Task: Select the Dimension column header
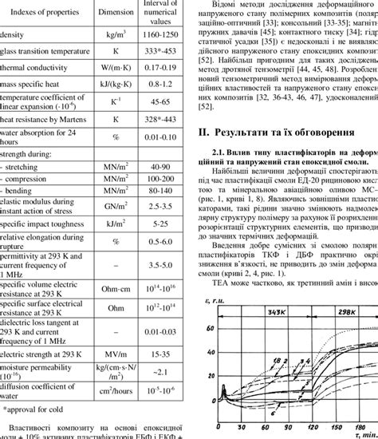[x=116, y=13]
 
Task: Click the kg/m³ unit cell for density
[x=116, y=36]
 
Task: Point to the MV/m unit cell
[x=116, y=354]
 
